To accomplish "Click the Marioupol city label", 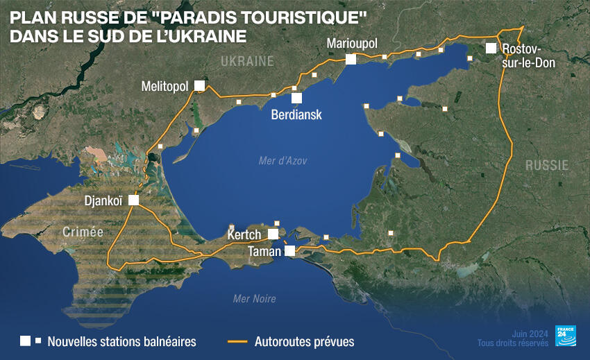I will [352, 44].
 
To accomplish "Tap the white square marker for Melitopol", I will [199, 85].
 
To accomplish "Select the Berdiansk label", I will [296, 114].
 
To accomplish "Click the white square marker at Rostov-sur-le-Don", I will [491, 48].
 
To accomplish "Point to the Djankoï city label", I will [103, 200].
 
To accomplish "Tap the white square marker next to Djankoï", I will [133, 200].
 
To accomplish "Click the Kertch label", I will [244, 235].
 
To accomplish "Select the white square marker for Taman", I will [290, 250].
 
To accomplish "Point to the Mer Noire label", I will [255, 299].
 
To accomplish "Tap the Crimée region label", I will [82, 232].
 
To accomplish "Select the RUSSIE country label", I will [546, 165].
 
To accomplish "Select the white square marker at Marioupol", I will [351, 60].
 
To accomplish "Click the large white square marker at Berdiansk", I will [296, 98].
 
